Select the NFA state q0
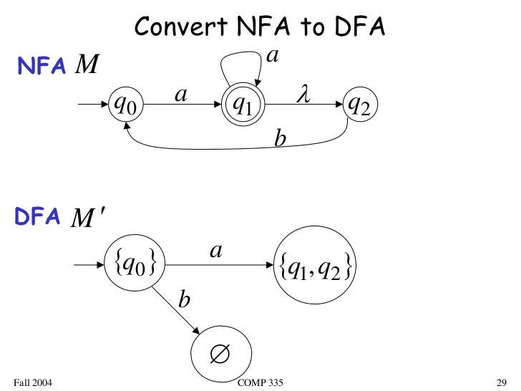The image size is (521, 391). [x=125, y=106]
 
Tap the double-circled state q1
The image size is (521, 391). [x=243, y=106]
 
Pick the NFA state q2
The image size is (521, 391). [x=358, y=106]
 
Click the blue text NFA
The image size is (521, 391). [x=42, y=67]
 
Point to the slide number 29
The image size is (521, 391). [x=501, y=380]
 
